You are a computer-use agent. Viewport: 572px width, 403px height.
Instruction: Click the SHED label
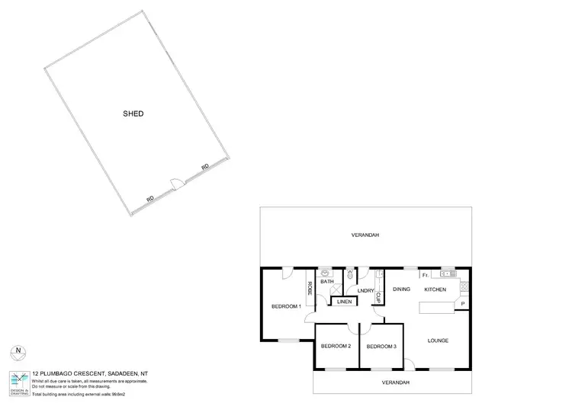click(x=133, y=114)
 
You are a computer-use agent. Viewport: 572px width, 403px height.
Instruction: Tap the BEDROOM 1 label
click(x=287, y=306)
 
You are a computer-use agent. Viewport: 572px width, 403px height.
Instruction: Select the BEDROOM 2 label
click(x=336, y=347)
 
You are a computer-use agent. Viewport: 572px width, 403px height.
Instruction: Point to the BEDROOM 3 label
click(x=381, y=347)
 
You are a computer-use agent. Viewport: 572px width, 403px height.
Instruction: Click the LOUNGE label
click(x=437, y=341)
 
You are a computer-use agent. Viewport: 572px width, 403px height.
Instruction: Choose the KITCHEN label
click(x=435, y=289)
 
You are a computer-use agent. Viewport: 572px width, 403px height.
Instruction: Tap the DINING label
click(x=402, y=289)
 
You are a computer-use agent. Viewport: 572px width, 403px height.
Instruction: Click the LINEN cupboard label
click(x=344, y=302)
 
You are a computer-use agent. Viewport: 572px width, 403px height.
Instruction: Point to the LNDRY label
click(x=365, y=290)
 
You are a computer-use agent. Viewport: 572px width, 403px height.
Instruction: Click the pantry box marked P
click(x=462, y=305)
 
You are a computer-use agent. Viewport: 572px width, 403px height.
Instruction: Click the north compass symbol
click(x=18, y=352)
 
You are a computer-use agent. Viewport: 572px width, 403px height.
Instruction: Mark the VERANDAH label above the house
click(x=365, y=235)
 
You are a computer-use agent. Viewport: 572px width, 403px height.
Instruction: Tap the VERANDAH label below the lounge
click(x=395, y=382)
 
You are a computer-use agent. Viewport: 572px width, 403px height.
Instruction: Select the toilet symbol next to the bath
click(x=349, y=274)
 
